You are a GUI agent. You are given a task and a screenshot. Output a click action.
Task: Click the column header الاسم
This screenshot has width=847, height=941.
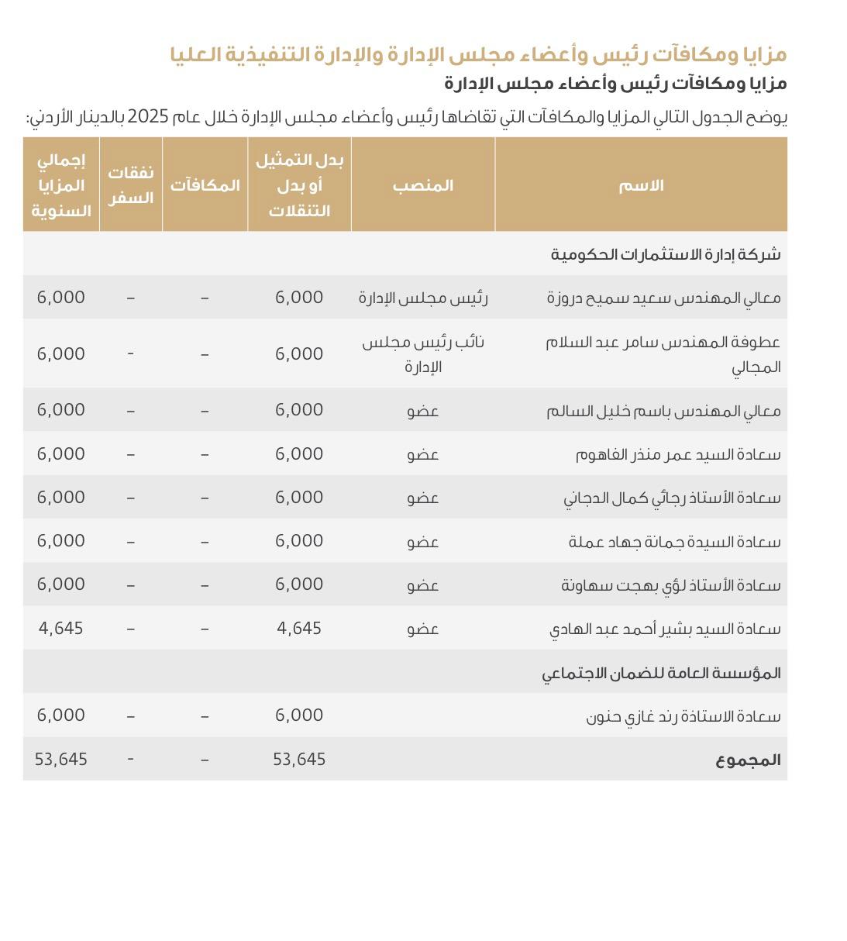pyautogui.click(x=641, y=185)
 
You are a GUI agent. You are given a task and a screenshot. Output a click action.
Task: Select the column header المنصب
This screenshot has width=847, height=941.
pyautogui.click(x=422, y=185)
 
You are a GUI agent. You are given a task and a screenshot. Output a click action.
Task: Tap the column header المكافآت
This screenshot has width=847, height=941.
pyautogui.click(x=205, y=185)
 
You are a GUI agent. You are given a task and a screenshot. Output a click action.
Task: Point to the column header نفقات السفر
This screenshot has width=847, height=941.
pyautogui.click(x=130, y=185)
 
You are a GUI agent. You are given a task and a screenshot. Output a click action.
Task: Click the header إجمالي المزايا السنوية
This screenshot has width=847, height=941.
pyautogui.click(x=61, y=185)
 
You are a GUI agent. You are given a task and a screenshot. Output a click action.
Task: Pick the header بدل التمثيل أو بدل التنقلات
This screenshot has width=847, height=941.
pyautogui.click(x=299, y=185)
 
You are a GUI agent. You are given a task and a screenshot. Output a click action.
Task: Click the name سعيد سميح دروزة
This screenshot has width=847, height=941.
pyautogui.click(x=663, y=298)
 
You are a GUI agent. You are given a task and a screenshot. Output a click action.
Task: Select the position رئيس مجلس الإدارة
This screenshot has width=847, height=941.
pyautogui.click(x=423, y=298)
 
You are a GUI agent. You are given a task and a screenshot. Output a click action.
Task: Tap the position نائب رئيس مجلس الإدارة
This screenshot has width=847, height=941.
pyautogui.click(x=423, y=353)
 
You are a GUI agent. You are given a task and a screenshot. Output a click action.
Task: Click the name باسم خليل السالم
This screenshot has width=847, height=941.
pyautogui.click(x=663, y=410)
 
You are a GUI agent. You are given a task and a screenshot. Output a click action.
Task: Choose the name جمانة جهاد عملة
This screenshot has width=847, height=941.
pyautogui.click(x=674, y=541)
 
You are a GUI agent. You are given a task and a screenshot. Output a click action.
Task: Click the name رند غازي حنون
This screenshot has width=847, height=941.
pyautogui.click(x=683, y=715)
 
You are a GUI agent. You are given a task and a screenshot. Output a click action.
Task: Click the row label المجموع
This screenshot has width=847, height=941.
pyautogui.click(x=748, y=760)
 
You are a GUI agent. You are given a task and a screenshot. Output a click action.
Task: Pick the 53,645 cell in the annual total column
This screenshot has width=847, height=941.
pyautogui.click(x=61, y=760)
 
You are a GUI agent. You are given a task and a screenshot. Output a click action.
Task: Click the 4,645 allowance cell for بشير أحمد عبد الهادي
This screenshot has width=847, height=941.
pyautogui.click(x=299, y=629)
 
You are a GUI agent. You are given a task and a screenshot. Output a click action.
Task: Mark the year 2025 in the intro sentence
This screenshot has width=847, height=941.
pyautogui.click(x=148, y=117)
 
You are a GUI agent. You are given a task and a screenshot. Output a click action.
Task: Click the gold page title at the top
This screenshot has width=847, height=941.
pyautogui.click(x=478, y=54)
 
